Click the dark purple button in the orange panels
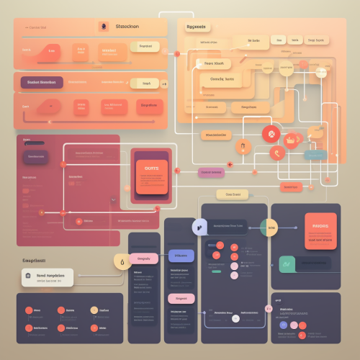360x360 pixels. pos(42,83)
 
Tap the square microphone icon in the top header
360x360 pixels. pos(102,27)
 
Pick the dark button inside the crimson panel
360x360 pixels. pos(35,158)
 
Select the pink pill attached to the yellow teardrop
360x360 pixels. pos(146,259)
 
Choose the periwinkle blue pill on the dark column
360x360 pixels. pos(180,256)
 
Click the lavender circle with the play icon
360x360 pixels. pos(199,228)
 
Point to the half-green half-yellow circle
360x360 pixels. pos(269,228)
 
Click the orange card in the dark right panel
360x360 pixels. pos(320,231)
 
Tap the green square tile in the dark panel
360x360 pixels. pos(287,264)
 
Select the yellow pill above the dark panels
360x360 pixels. pos(233,195)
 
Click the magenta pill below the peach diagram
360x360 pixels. pos(212,173)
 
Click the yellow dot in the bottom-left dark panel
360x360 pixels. pos(94,310)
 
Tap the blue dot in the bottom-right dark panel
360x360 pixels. pos(284,325)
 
